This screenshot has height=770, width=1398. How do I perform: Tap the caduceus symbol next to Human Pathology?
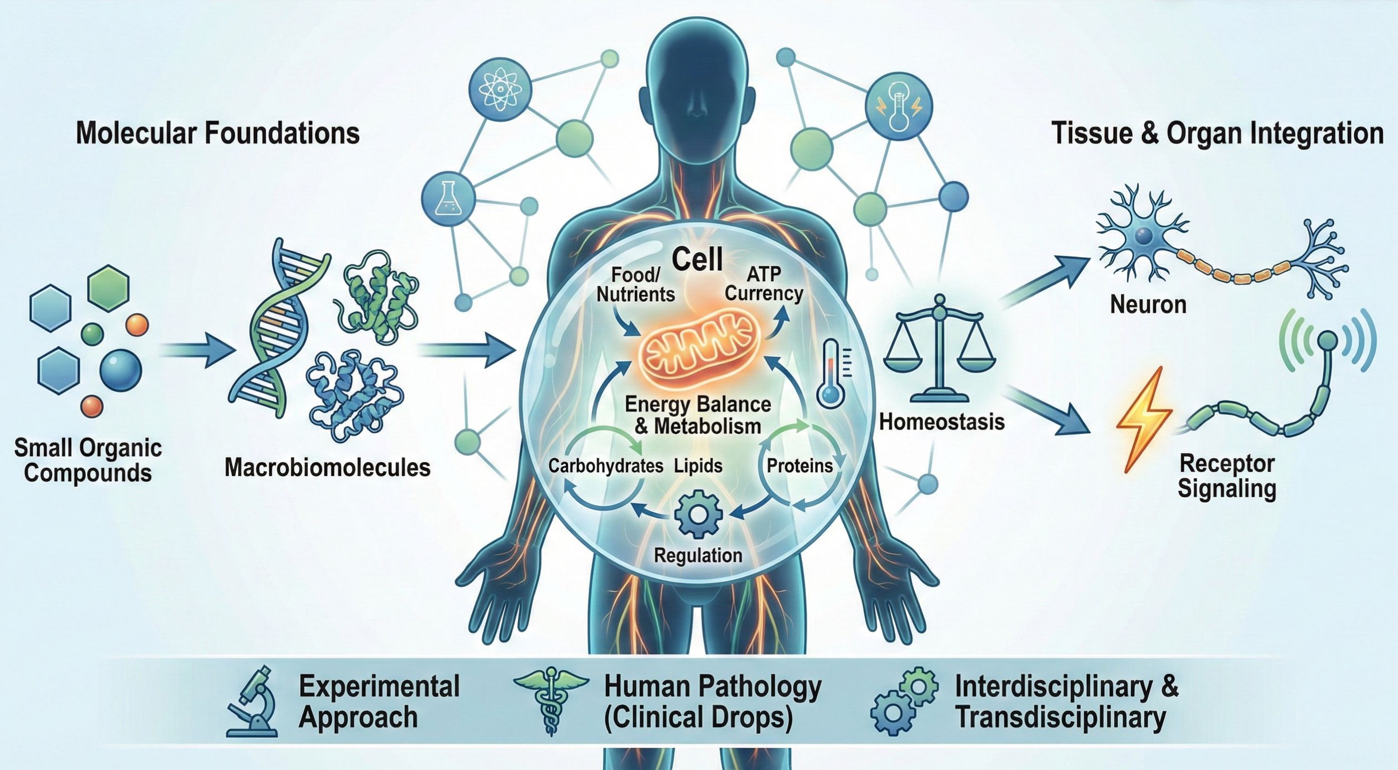tap(550, 701)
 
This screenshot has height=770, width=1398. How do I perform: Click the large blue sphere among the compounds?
tap(121, 371)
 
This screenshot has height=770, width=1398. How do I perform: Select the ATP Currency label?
tap(764, 284)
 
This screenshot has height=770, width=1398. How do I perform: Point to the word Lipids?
tap(699, 465)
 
